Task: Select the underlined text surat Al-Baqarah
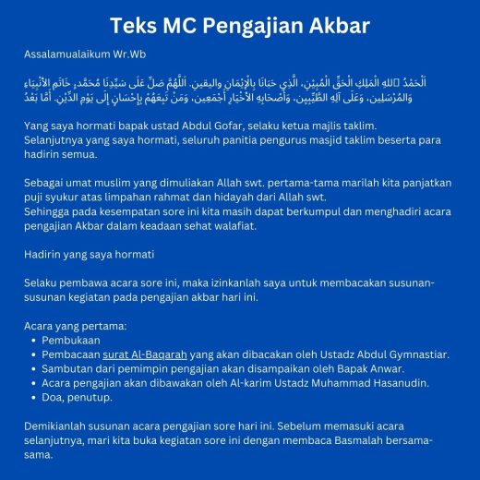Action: coord(143,354)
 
